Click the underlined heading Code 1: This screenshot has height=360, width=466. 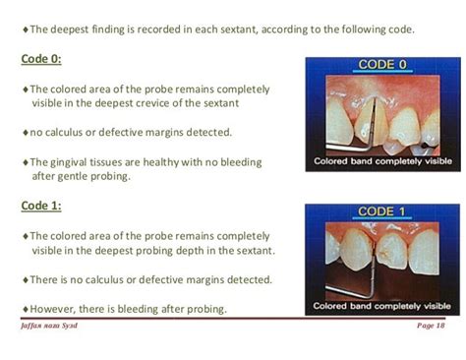pos(41,206)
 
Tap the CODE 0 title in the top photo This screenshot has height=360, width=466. pos(381,65)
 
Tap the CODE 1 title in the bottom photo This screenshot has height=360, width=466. pos(381,211)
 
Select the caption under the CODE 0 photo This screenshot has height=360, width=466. pos(382,161)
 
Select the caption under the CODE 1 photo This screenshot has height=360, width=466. pos(382,307)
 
